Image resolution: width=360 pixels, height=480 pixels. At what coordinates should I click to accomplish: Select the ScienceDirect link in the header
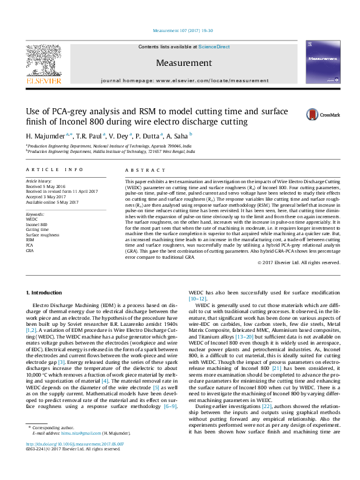point(214,47)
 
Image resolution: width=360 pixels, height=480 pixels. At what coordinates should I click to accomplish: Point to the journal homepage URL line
point(185,80)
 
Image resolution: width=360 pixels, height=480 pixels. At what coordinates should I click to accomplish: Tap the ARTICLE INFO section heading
point(54,170)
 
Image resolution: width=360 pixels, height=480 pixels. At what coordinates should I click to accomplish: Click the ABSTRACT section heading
point(141,170)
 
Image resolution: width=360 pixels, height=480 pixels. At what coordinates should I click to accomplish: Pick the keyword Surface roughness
point(42,235)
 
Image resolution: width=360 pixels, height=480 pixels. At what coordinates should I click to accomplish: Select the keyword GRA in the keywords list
point(29,249)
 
